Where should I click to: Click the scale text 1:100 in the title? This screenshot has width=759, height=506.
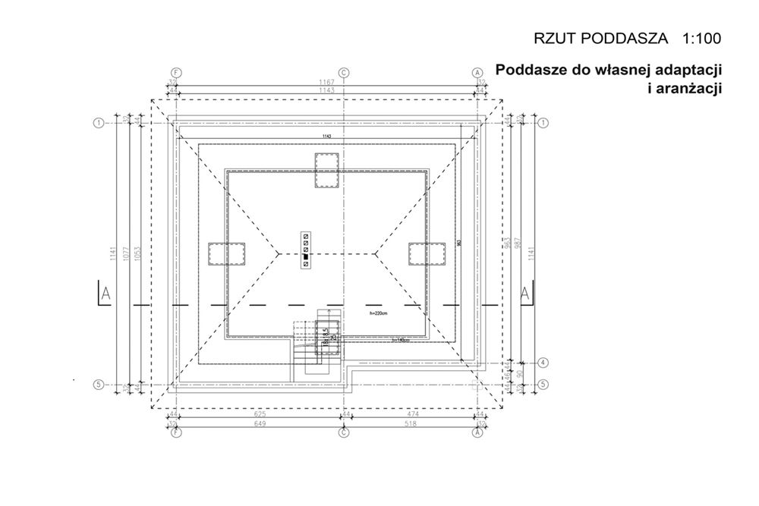pyautogui.click(x=702, y=37)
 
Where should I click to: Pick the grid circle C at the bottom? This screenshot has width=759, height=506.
pyautogui.click(x=344, y=433)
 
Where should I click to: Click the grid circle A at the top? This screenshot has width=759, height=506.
pyautogui.click(x=477, y=73)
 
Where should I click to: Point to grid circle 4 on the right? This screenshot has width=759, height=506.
pyautogui.click(x=544, y=363)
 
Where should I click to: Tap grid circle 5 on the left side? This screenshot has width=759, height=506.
pyautogui.click(x=98, y=385)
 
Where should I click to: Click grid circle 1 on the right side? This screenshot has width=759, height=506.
pyautogui.click(x=544, y=122)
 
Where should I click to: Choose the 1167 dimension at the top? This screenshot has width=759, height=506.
pyautogui.click(x=327, y=81)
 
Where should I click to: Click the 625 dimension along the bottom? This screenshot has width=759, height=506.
pyautogui.click(x=260, y=414)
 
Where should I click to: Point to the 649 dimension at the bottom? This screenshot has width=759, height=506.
pyautogui.click(x=260, y=423)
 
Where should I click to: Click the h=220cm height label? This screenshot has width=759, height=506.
pyautogui.click(x=377, y=312)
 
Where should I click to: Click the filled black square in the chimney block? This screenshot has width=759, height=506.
pyautogui.click(x=305, y=257)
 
